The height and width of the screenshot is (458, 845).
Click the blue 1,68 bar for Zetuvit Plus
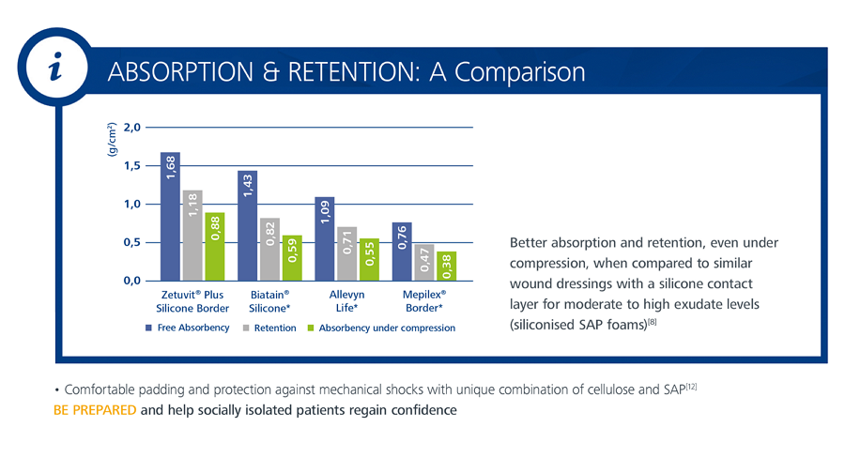pyautogui.click(x=170, y=216)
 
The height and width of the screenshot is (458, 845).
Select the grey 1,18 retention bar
pyautogui.click(x=192, y=235)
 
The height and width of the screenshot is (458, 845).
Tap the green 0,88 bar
pyautogui.click(x=215, y=246)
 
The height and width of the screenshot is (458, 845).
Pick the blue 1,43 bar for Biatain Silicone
pyautogui.click(x=248, y=225)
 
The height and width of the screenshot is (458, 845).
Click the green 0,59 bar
pyautogui.click(x=293, y=257)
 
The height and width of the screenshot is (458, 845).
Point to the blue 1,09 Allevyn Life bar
pyautogui.click(x=325, y=238)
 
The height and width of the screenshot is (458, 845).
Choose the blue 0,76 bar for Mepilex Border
pyautogui.click(x=402, y=251)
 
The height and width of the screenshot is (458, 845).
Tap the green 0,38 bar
pyautogui.click(x=447, y=266)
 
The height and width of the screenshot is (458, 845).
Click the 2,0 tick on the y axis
pyautogui.click(x=131, y=127)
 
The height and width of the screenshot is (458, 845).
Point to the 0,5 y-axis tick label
pyautogui.click(x=131, y=242)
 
